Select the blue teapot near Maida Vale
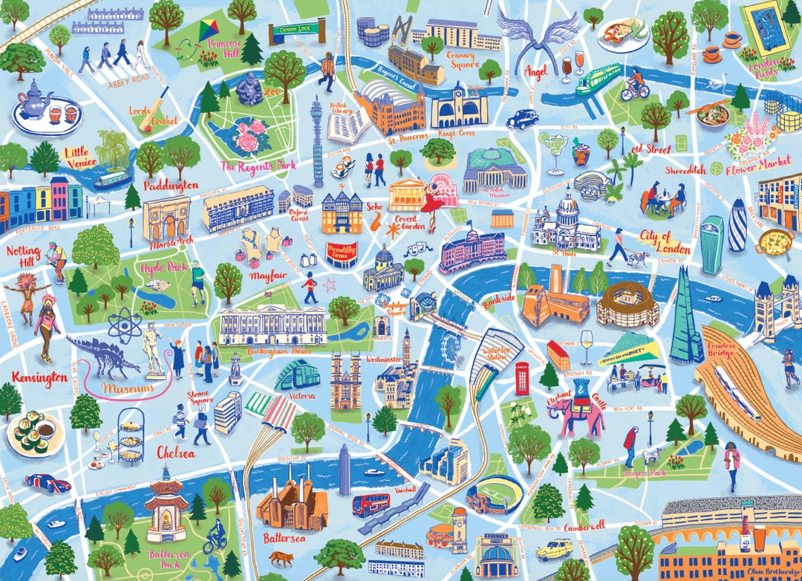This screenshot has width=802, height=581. tap(33, 99)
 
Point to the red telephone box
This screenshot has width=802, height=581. tap(523, 377)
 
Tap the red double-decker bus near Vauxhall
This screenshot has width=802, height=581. tap(371, 504)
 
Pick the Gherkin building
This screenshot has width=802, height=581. tap(738, 224)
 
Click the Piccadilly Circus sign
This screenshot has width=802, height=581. tap(343, 250)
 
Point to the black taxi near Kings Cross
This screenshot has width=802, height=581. tap(521, 119)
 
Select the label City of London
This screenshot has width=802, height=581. tap(664, 241)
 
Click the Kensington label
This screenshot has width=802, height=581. tap(39, 378)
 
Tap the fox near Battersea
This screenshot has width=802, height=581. tap(281, 558)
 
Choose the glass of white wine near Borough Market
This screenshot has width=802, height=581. tap(586, 345)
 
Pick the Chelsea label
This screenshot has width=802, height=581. tap(176, 452)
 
